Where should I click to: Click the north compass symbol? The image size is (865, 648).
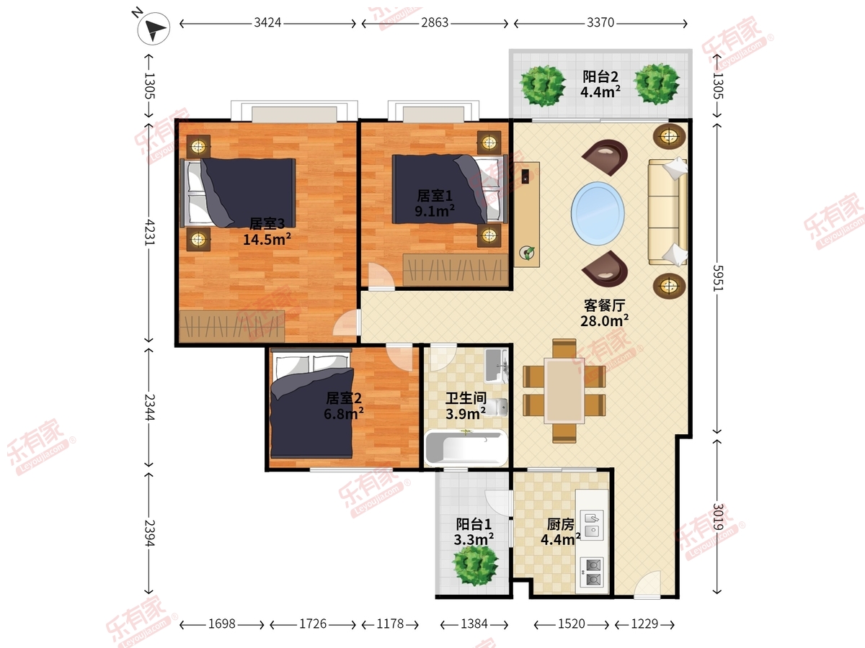coord(154,28)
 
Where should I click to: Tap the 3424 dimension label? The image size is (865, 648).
coord(267,23)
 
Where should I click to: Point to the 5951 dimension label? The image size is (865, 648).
coord(717,278)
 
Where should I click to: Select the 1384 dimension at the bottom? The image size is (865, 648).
coord(474,624)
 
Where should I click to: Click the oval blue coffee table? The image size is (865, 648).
coord(598,213)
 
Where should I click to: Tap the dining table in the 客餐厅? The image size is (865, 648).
coord(564,390)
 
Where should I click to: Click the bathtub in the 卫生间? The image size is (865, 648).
coord(466,448)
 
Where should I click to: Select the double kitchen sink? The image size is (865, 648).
coord(592,526)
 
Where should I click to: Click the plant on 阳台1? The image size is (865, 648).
coord(475,565)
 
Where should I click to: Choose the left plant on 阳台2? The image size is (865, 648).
coord(542,86)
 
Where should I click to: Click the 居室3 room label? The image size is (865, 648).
coord(267,223)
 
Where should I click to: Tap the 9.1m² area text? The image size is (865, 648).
coord(434,211)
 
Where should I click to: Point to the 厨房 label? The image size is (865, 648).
coord(560,524)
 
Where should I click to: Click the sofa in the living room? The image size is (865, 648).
coord(667,212)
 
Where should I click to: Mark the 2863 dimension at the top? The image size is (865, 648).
coord(435,23)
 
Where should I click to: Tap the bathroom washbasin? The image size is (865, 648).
coord(497,366)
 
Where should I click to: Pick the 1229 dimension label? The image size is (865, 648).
coord(644,624)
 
